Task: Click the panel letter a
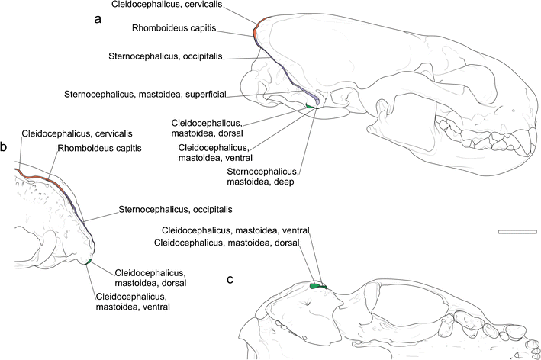click(x=98, y=20)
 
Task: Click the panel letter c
click(x=230, y=279)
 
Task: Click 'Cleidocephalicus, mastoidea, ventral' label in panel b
click(x=133, y=301)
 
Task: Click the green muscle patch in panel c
click(x=318, y=286)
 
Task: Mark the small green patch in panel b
click(x=89, y=262)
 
